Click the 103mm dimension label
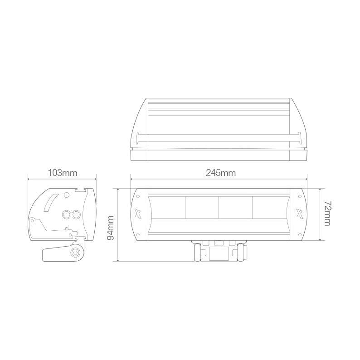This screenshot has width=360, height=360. (x=62, y=173)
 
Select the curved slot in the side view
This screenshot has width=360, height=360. (x=50, y=203)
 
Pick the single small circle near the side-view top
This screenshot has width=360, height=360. (x=66, y=196)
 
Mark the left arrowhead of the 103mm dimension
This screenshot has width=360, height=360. (x=29, y=179)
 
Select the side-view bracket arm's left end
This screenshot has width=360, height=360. (x=46, y=254)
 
